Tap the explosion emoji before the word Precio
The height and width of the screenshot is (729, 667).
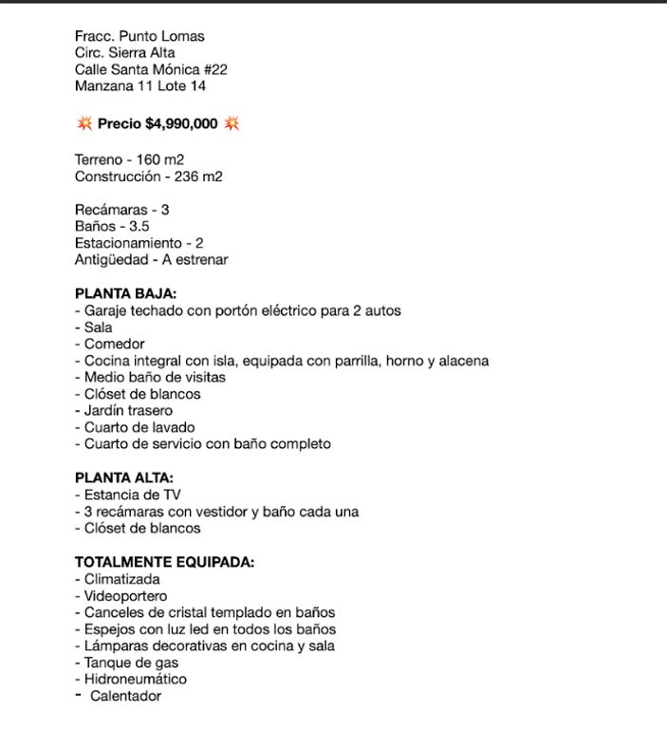coord(83,123)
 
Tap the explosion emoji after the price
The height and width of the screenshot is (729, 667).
coord(232,123)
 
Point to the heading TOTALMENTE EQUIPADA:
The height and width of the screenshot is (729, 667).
coord(164,562)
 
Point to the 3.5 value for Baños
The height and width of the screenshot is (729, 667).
coord(139,226)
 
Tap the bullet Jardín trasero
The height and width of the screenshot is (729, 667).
coord(128,410)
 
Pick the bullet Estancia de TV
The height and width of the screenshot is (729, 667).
coord(132,495)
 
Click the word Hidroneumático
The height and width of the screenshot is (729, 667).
coord(136,680)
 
